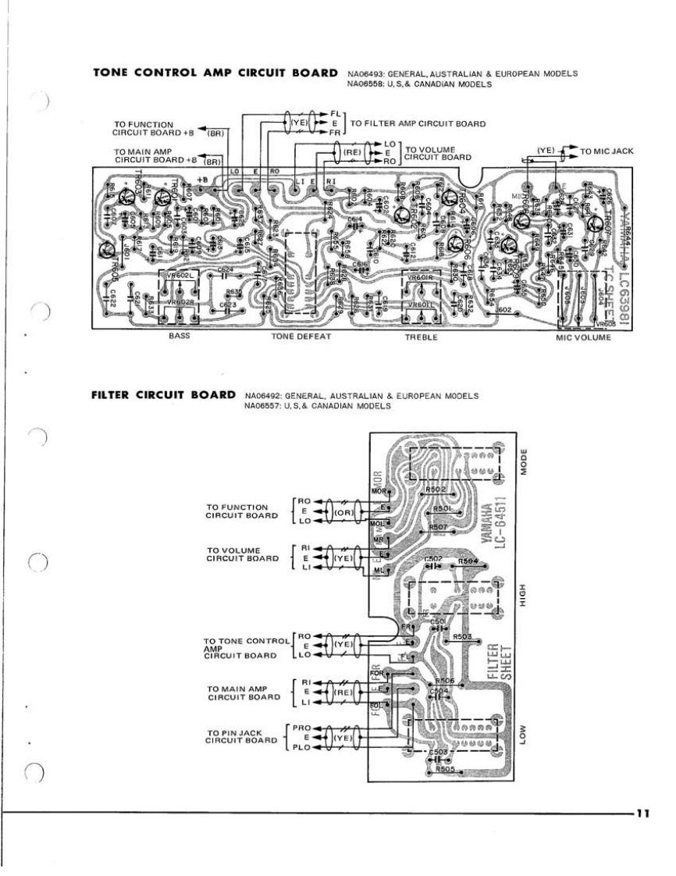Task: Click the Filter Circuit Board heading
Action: coord(163,394)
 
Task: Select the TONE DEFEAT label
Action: coord(301,337)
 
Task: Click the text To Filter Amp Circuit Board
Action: coord(418,123)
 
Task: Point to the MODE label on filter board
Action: coord(525,463)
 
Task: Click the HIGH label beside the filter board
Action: coord(525,596)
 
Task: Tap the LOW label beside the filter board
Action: coord(525,732)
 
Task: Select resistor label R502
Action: coord(436,490)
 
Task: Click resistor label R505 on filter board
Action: coord(447,768)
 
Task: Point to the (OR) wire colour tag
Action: coord(343,512)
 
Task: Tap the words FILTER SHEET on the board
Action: coord(498,664)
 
